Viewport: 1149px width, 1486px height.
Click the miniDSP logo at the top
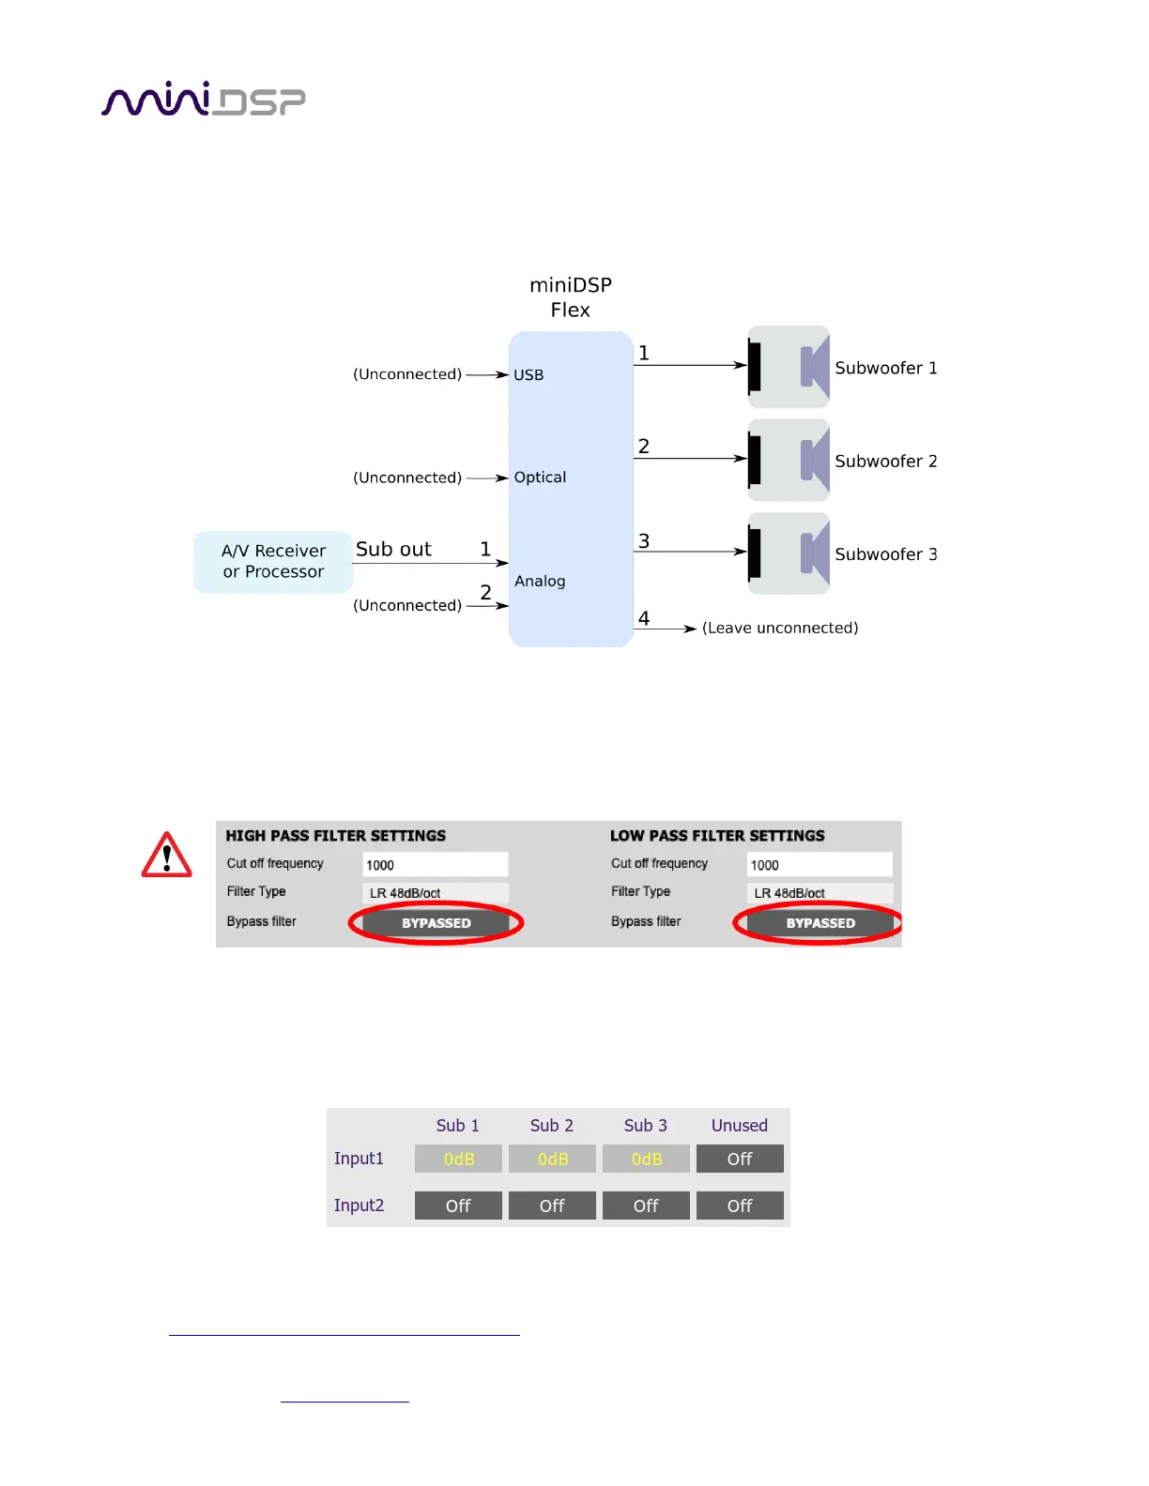tap(203, 99)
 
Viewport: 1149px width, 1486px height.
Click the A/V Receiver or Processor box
tap(273, 561)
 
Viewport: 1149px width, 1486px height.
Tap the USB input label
tap(529, 375)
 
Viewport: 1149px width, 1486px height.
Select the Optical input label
tap(540, 478)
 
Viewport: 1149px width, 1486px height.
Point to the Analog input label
tap(540, 581)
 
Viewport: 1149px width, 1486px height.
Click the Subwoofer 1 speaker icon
tap(789, 367)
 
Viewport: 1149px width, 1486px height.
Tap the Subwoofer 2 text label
tap(885, 462)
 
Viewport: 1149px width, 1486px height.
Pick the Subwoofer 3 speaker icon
tap(789, 553)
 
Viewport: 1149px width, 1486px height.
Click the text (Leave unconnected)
tap(780, 629)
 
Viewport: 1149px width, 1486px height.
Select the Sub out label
tap(393, 550)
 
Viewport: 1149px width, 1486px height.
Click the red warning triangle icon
tap(167, 856)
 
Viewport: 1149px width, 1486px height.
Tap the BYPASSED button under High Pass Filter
tap(436, 923)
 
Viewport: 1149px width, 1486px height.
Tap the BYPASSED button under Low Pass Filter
tap(820, 923)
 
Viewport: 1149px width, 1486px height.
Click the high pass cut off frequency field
tap(436, 865)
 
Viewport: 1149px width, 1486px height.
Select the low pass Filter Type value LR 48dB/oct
tap(820, 893)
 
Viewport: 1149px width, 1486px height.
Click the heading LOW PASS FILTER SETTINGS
tap(717, 836)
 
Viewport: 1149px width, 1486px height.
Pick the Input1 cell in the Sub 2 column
tap(552, 1160)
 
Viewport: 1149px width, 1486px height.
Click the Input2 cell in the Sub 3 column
tap(646, 1206)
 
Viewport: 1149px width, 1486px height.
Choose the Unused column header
tap(740, 1126)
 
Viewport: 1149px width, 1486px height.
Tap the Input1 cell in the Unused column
tap(740, 1160)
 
